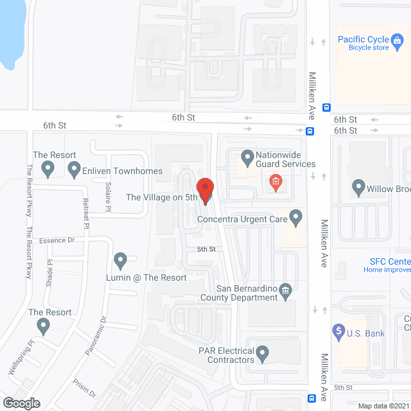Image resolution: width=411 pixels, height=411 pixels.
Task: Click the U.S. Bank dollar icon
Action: (x=338, y=331)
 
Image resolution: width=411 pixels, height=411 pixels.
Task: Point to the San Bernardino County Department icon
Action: (x=286, y=290)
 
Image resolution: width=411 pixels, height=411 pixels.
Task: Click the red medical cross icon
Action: (x=276, y=182)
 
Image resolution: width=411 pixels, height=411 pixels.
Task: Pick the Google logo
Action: (x=21, y=403)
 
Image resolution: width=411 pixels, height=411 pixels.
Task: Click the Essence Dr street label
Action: (x=57, y=240)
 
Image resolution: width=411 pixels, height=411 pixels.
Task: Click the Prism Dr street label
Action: (x=84, y=388)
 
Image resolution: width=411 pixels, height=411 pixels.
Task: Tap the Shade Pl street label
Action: (x=49, y=273)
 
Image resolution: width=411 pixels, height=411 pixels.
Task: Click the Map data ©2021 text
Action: (x=382, y=405)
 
